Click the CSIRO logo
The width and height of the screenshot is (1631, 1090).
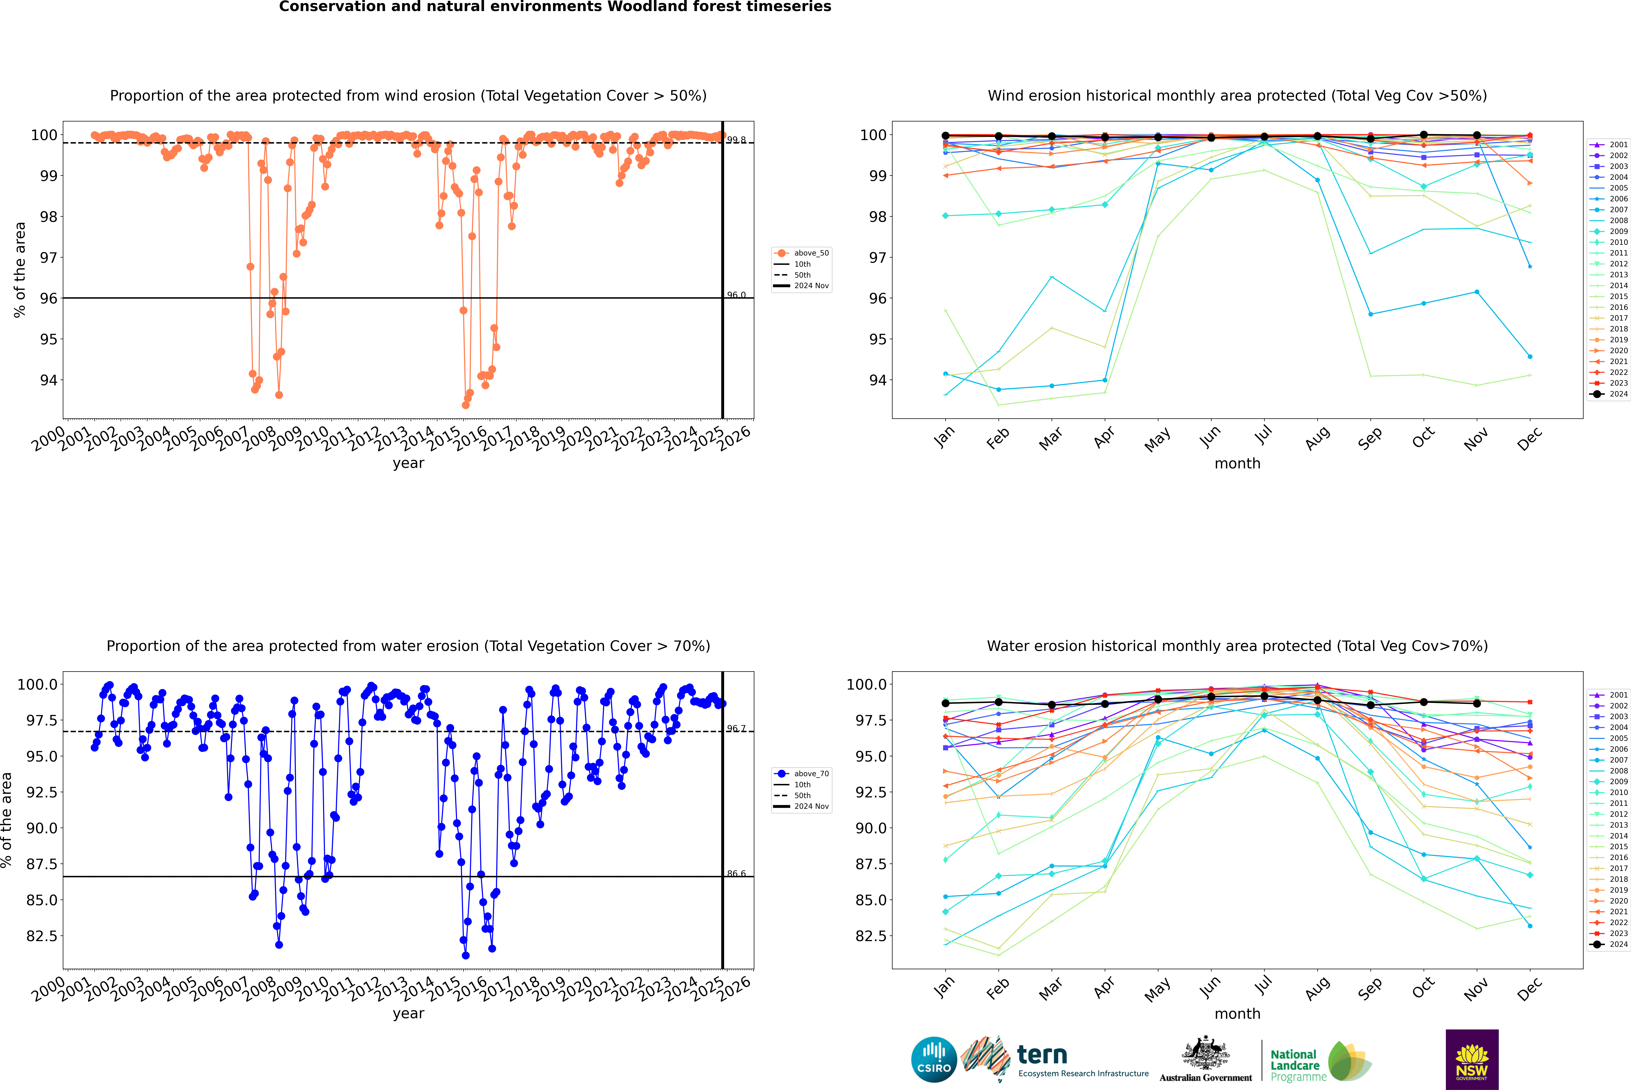tap(934, 1059)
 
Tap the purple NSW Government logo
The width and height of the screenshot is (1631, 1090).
tap(1472, 1059)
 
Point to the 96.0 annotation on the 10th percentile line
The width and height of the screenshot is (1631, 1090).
tap(736, 295)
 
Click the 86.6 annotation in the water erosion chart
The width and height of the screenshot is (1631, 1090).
tap(736, 873)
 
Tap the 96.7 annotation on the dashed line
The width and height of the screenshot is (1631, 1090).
tap(736, 729)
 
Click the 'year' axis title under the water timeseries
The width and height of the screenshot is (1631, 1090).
tap(408, 1014)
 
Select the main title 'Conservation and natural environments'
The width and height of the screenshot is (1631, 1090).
tap(555, 7)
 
